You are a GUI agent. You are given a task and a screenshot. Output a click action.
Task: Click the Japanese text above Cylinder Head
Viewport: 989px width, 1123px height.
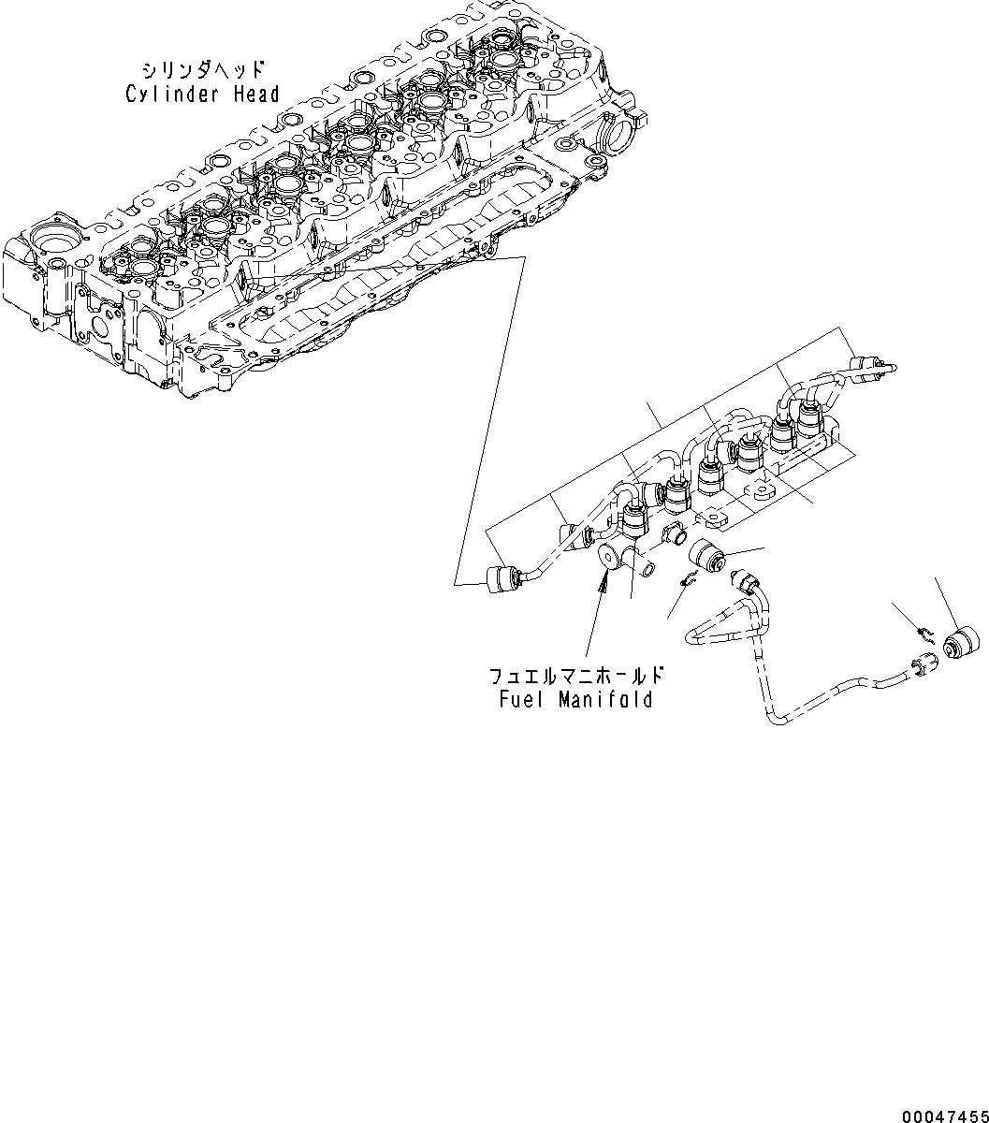pos(203,70)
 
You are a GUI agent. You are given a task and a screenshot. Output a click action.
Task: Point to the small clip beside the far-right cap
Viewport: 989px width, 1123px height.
pos(923,634)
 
